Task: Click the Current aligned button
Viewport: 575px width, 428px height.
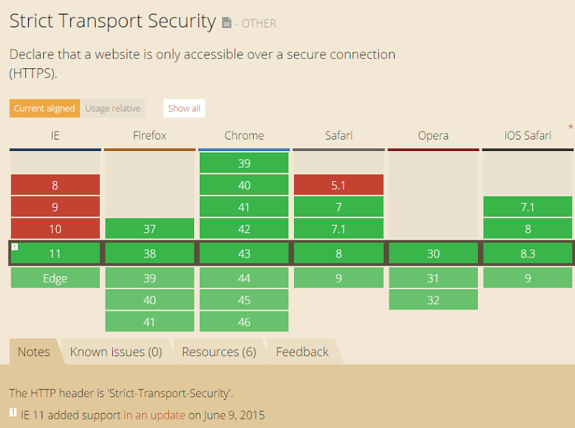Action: coord(45,109)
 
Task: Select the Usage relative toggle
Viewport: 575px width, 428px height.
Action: coord(113,109)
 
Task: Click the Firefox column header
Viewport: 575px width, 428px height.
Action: coord(149,135)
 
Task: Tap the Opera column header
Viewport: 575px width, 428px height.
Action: coord(433,135)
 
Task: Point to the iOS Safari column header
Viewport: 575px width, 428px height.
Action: coord(528,135)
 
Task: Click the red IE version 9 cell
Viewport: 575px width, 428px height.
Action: coord(55,207)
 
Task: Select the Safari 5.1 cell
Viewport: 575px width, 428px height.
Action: coord(339,185)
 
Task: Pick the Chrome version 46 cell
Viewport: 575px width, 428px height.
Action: coord(244,322)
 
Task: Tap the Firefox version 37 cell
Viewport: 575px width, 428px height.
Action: coord(149,229)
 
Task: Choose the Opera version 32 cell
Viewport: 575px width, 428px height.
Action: coord(433,300)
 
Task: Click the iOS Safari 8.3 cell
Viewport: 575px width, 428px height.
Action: coord(528,253)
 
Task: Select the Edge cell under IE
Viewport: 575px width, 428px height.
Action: coord(55,278)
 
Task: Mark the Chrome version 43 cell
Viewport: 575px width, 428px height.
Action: coord(244,253)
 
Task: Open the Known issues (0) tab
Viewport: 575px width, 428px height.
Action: coord(116,352)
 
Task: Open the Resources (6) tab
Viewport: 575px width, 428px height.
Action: coord(219,352)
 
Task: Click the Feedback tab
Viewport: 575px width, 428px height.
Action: coord(302,352)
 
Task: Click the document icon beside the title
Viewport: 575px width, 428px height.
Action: coord(226,23)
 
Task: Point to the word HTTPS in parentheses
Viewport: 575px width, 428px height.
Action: coord(33,73)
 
